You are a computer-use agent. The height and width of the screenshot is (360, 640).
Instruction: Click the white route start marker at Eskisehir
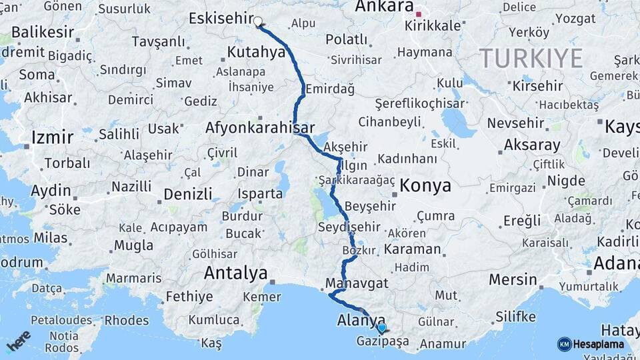(258, 22)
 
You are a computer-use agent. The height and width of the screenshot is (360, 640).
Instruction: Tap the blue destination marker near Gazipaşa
(381, 327)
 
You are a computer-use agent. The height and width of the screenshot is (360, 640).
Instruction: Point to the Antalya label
(235, 273)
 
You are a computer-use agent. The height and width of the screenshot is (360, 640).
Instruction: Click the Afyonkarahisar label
(260, 127)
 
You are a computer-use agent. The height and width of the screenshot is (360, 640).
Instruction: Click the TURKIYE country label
(531, 59)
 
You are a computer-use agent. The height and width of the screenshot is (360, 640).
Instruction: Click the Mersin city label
(513, 279)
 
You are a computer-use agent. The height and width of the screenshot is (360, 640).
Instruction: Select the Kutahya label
(256, 51)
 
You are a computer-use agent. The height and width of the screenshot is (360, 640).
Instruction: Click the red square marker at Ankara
(419, 14)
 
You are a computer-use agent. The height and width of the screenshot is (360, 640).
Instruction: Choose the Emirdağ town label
(327, 89)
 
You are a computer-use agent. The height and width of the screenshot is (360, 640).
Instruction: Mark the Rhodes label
(127, 320)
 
